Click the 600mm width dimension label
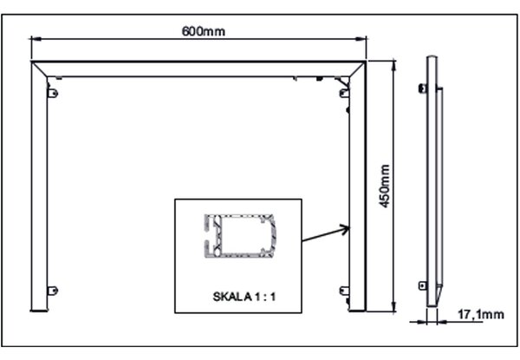(x=204, y=31)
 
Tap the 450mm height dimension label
(x=384, y=187)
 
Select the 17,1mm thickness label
(x=481, y=314)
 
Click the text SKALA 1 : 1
(x=244, y=297)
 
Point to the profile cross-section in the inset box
(x=240, y=236)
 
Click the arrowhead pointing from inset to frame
(x=346, y=229)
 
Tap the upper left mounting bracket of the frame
(x=53, y=93)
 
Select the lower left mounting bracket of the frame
(x=53, y=291)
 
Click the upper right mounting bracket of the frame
(x=344, y=93)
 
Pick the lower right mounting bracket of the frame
(x=344, y=291)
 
